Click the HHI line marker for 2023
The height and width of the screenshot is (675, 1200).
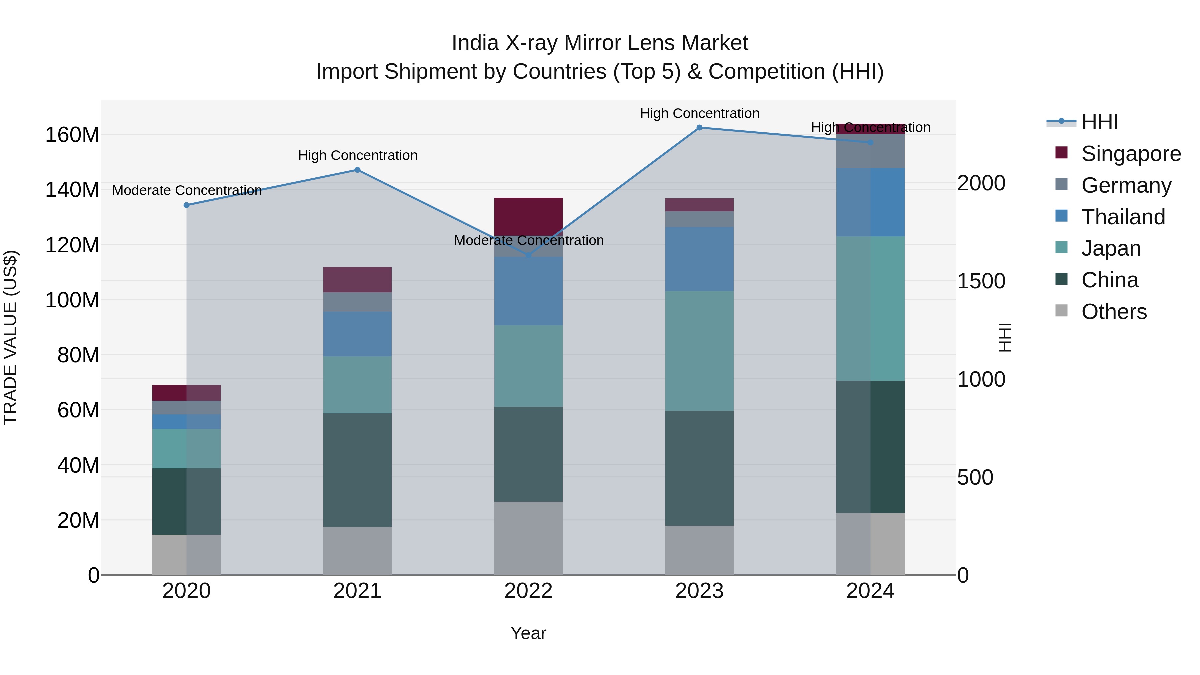[699, 128]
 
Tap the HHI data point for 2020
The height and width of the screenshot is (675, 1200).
[186, 205]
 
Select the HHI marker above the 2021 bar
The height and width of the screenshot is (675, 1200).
[357, 170]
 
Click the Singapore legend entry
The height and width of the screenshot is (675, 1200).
[1131, 154]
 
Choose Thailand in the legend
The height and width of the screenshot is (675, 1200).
[1123, 217]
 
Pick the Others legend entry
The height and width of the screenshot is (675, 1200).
[1113, 312]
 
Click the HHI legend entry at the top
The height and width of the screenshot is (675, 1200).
[1099, 122]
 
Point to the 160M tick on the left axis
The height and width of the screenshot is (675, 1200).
[72, 135]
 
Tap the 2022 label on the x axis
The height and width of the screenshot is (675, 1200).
[528, 591]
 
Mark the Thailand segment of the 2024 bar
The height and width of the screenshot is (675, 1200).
[870, 202]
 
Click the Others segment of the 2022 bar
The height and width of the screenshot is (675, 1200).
[528, 538]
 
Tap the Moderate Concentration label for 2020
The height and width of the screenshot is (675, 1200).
[187, 191]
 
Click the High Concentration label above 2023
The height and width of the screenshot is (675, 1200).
[699, 114]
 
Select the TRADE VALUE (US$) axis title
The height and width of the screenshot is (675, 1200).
[10, 337]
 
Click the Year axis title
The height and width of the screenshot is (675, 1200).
[528, 633]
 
